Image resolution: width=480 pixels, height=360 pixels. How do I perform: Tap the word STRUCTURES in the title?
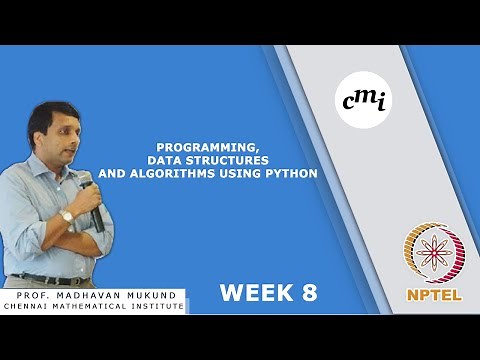pyautogui.click(x=229, y=160)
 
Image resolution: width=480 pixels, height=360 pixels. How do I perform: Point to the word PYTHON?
pyautogui.click(x=292, y=173)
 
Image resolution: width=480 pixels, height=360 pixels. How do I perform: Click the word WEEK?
pyautogui.click(x=253, y=293)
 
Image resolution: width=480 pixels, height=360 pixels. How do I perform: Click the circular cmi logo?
pyautogui.click(x=364, y=98)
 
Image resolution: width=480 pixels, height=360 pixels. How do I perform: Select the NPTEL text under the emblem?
pyautogui.click(x=434, y=297)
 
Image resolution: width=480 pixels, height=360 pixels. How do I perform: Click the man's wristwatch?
pyautogui.click(x=67, y=215)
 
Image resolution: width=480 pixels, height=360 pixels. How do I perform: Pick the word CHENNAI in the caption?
pyautogui.click(x=29, y=306)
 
